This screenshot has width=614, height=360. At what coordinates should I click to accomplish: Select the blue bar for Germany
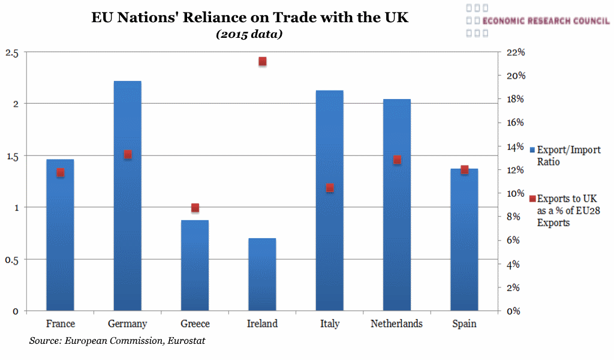[127, 198]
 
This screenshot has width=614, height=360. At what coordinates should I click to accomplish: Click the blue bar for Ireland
[262, 275]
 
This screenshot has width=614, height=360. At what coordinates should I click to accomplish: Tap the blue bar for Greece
[195, 266]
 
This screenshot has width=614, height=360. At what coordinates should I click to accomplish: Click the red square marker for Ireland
[262, 61]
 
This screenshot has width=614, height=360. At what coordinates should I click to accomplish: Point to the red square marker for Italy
[330, 188]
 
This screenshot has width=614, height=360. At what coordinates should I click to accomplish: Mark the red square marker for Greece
[195, 208]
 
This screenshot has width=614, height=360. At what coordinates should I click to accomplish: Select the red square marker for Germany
[128, 154]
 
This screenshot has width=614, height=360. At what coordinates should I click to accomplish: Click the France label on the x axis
[61, 324]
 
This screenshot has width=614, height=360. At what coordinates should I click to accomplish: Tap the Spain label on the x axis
[464, 324]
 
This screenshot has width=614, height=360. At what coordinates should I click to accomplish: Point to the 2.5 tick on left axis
[11, 53]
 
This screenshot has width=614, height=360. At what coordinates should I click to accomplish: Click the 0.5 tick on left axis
[11, 259]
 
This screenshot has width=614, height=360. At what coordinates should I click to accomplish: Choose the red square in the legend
[532, 199]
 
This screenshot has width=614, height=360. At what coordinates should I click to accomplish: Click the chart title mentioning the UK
[249, 17]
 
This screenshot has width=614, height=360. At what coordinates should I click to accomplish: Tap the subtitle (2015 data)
[249, 34]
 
